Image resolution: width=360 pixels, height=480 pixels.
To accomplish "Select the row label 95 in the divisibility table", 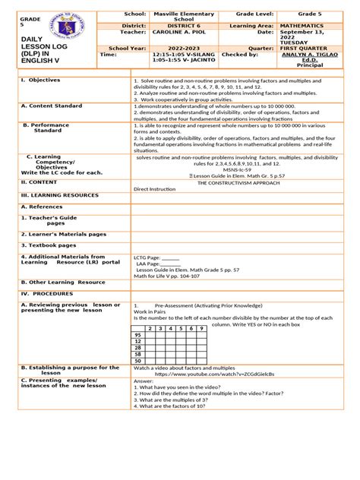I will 137,334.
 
